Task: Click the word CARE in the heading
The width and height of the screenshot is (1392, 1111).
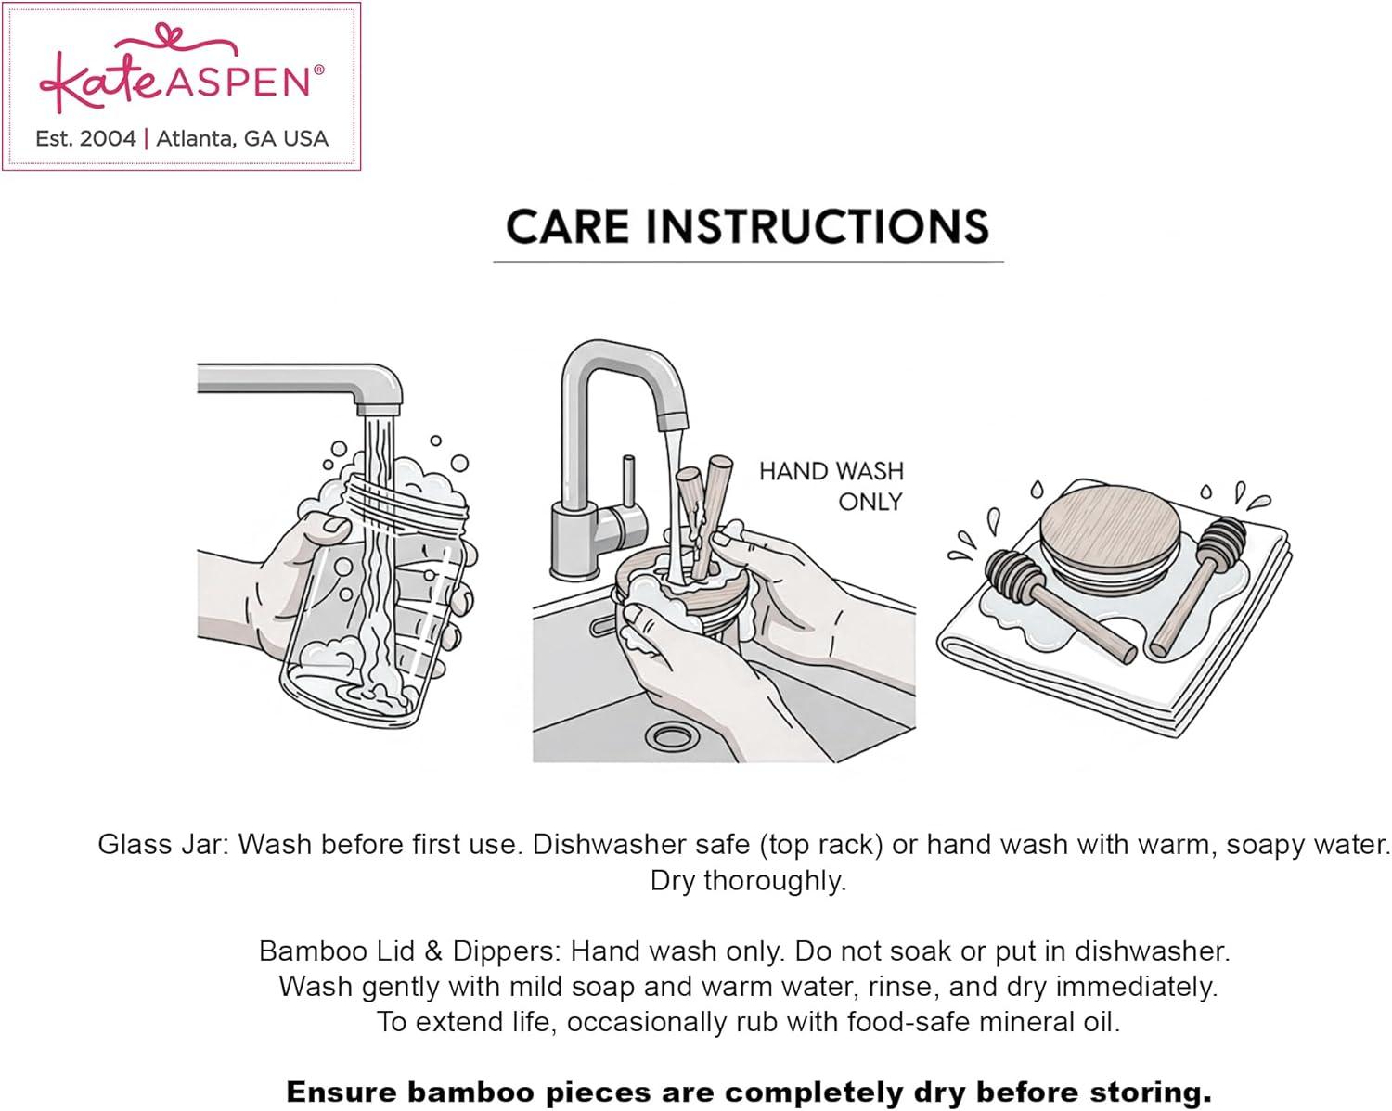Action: tap(567, 227)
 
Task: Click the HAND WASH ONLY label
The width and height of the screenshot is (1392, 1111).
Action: tap(831, 486)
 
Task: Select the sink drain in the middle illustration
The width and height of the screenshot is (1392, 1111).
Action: tap(673, 735)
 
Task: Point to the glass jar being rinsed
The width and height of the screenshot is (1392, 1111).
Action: tap(372, 601)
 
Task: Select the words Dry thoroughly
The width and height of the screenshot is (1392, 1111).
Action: tap(748, 881)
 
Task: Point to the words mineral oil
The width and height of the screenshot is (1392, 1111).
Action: tap(1049, 1023)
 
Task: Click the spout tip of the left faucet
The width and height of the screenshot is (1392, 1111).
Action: tap(379, 411)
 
